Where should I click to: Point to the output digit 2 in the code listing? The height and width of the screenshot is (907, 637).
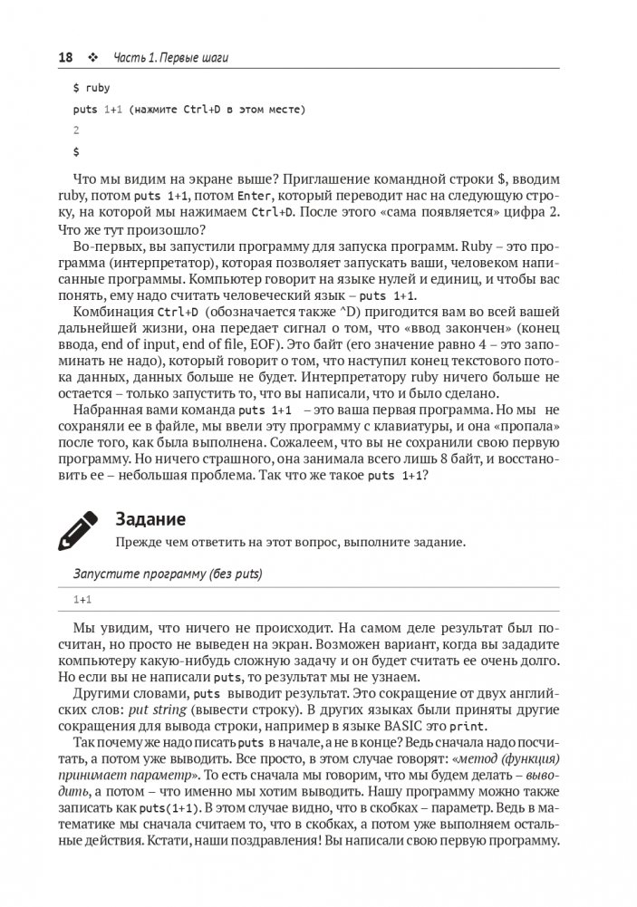point(76,130)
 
